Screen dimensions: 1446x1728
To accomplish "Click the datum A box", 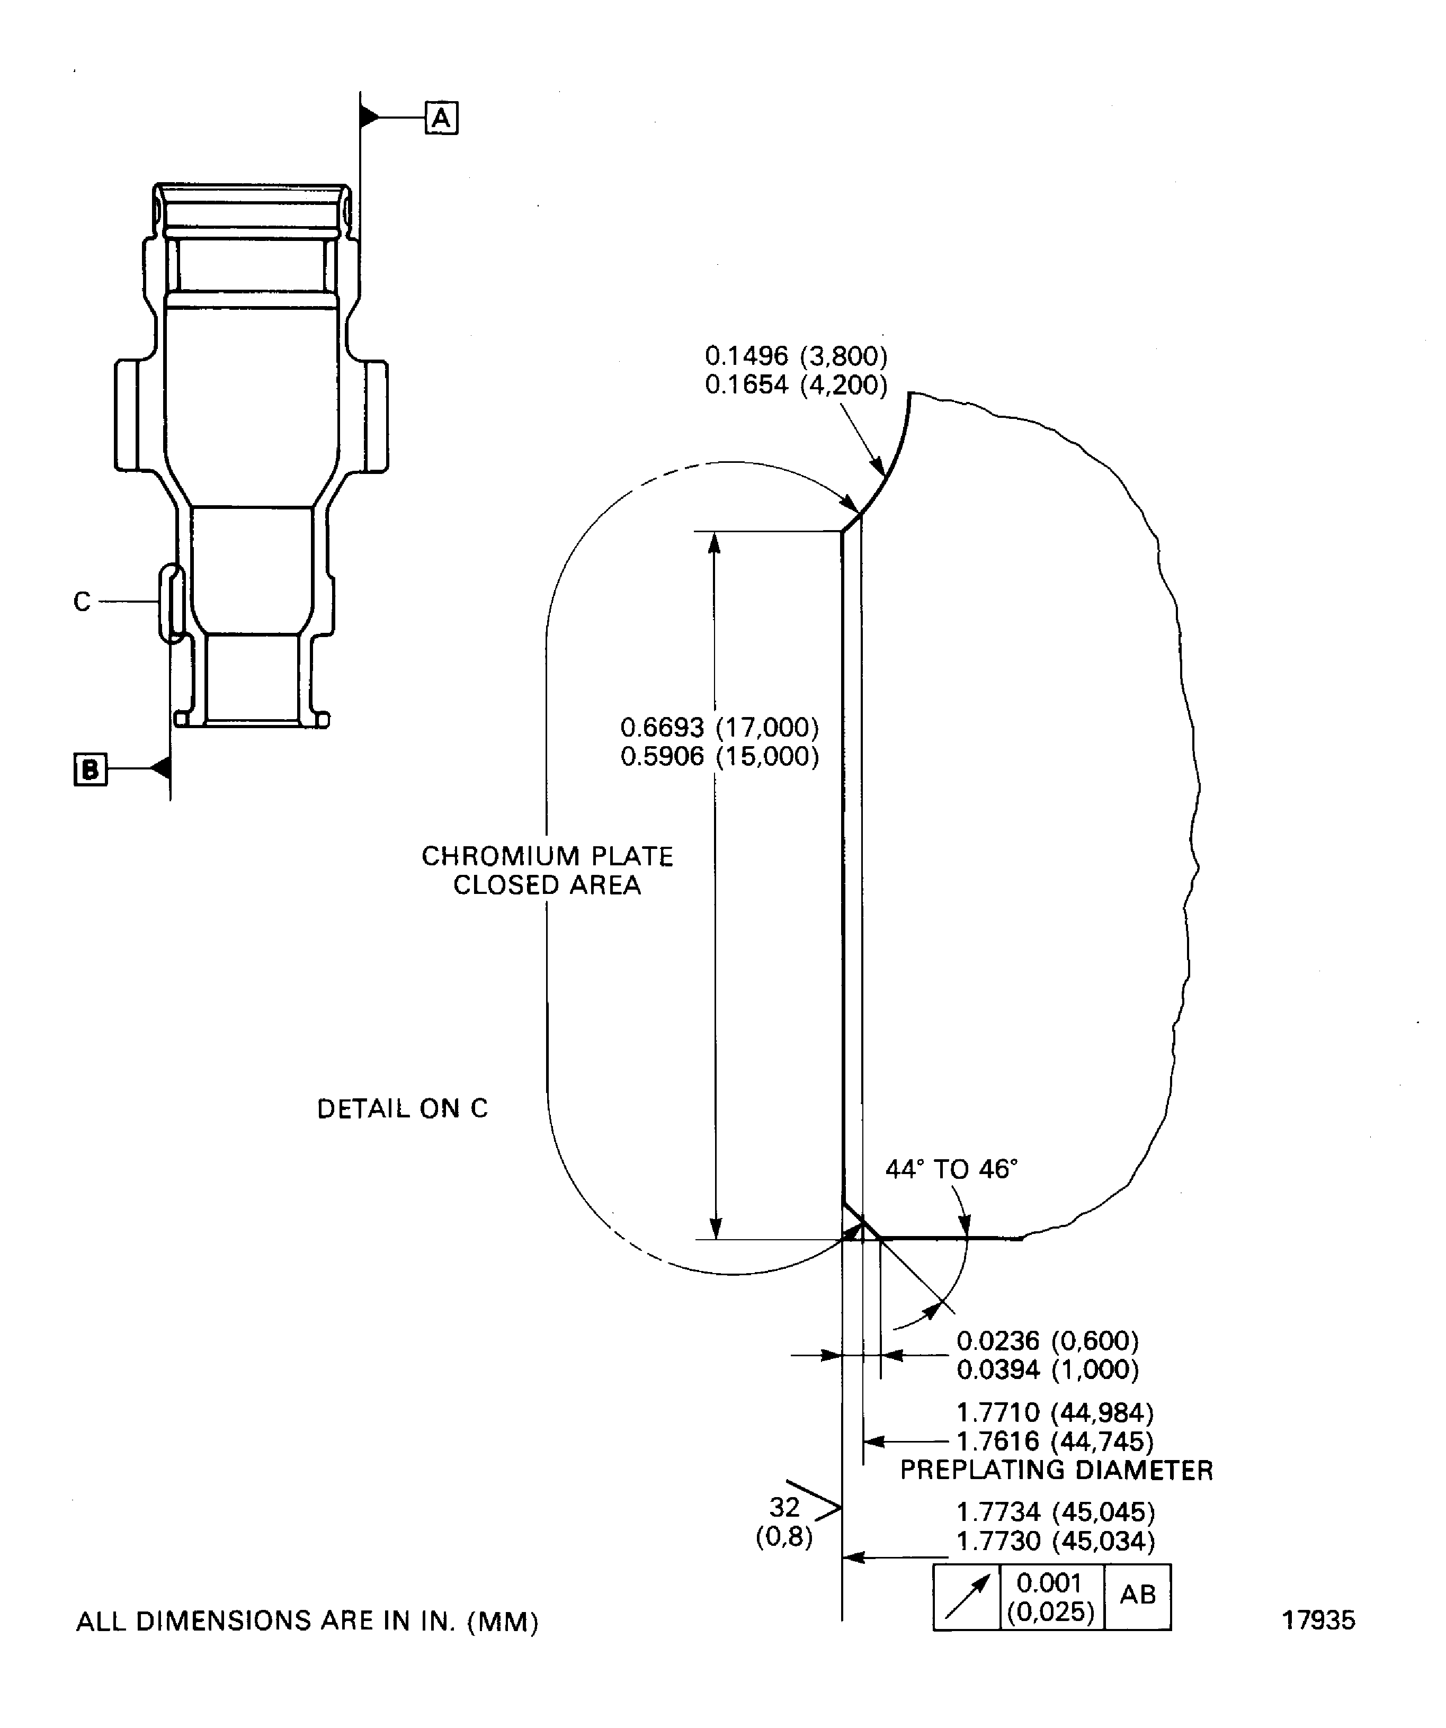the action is (x=441, y=118).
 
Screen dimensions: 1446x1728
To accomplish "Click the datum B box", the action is (x=91, y=769).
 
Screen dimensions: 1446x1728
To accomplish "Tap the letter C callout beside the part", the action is (x=82, y=602).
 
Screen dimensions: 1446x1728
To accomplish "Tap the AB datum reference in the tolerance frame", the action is (x=1138, y=1594).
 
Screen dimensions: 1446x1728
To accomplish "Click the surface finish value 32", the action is (x=784, y=1507).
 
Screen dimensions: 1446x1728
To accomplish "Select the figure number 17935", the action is (x=1318, y=1620).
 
